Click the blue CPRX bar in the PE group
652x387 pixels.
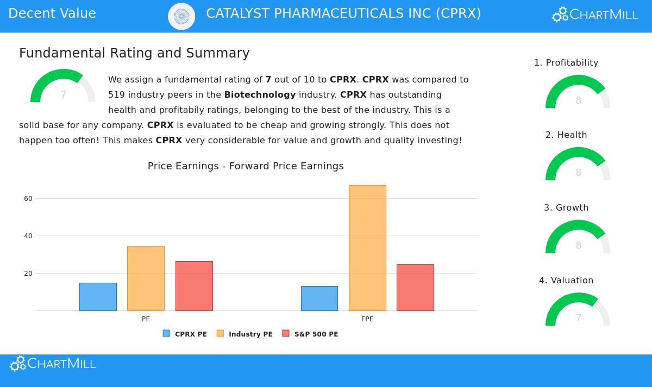point(98,297)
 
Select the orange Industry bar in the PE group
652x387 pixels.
point(146,278)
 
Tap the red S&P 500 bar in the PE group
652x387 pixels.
point(194,286)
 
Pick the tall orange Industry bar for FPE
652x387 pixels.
point(367,248)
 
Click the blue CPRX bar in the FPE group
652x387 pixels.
point(319,299)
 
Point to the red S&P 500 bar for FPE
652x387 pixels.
point(415,288)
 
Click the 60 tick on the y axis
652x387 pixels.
point(28,199)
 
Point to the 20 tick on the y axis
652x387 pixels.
point(28,274)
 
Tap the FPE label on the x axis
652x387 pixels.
point(367,319)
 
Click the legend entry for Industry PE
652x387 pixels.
point(245,334)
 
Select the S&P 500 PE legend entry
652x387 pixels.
point(310,334)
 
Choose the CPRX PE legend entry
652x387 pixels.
point(185,334)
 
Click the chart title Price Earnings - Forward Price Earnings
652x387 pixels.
point(246,166)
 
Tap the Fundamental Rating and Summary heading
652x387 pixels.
point(134,53)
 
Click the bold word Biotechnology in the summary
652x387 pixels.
point(260,94)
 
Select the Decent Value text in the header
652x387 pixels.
point(52,14)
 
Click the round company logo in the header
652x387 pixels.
point(181,16)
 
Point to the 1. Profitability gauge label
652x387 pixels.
point(566,63)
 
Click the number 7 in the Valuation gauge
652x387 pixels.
point(579,318)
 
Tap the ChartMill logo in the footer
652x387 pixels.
point(53,364)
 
